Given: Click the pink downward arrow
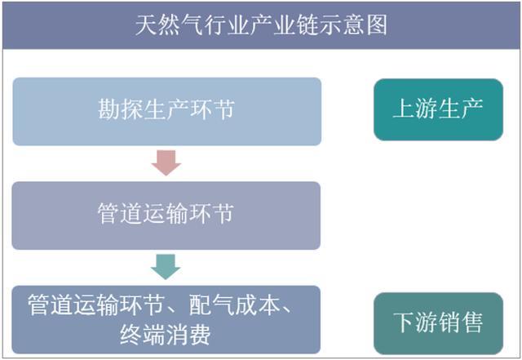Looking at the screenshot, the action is pyautogui.click(x=166, y=162).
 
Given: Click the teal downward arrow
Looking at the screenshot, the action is pyautogui.click(x=166, y=267).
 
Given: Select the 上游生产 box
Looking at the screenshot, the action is pyautogui.click(x=438, y=109).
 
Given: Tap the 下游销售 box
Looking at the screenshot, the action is pyautogui.click(x=438, y=323).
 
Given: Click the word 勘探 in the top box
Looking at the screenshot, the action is pyautogui.click(x=121, y=109).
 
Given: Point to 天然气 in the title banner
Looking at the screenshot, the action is pyautogui.click(x=170, y=25).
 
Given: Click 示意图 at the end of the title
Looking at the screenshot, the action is pyautogui.click(x=353, y=25).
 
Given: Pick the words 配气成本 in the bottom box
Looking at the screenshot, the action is pyautogui.click(x=234, y=304).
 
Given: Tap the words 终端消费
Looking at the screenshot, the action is pyautogui.click(x=166, y=335).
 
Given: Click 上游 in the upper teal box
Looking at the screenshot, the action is pyautogui.click(x=415, y=109).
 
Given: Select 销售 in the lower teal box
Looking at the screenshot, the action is pyautogui.click(x=460, y=322).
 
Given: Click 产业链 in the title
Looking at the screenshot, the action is pyautogui.click(x=285, y=25).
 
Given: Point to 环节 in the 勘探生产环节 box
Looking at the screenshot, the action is pyautogui.click(x=212, y=109).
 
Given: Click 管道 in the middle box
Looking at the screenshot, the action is pyautogui.click(x=120, y=213).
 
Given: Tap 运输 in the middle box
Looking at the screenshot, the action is pyautogui.click(x=166, y=213).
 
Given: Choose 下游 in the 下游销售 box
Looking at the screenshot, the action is pyautogui.click(x=415, y=322).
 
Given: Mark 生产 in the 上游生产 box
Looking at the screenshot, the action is pyautogui.click(x=460, y=109).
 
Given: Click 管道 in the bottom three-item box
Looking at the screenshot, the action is pyautogui.click(x=51, y=304).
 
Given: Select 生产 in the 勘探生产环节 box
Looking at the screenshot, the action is pyautogui.click(x=166, y=109).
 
